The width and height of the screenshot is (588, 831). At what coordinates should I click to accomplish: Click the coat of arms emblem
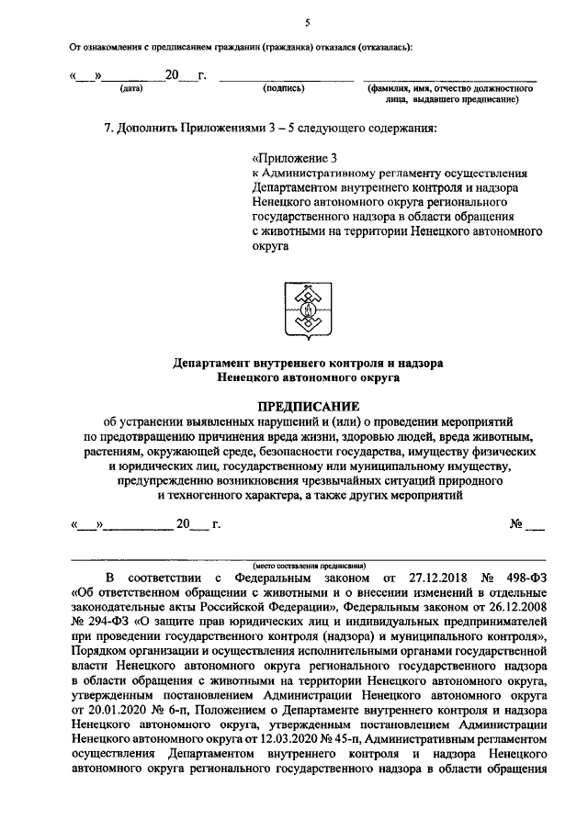point(307,313)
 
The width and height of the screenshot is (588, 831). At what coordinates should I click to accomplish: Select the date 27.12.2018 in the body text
point(433,578)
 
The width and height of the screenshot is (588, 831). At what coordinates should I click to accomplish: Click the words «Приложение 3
point(294,158)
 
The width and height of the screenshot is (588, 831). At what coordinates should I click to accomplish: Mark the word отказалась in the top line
point(387,46)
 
